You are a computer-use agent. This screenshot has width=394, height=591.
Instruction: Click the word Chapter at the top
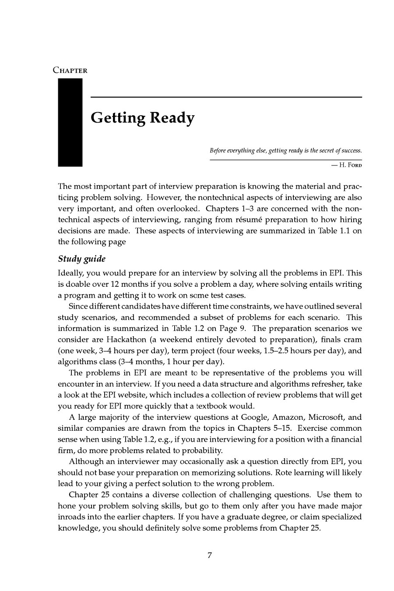point(70,70)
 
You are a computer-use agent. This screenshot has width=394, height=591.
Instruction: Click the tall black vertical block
point(70,123)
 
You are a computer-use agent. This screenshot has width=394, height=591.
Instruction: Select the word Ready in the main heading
point(172,118)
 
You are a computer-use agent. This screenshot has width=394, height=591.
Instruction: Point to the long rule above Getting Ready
point(226,97)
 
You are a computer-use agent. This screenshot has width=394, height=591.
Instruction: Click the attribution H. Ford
point(350,165)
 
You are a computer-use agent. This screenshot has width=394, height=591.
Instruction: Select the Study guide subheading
point(82,259)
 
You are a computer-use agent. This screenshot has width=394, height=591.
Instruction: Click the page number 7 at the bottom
point(210,556)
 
